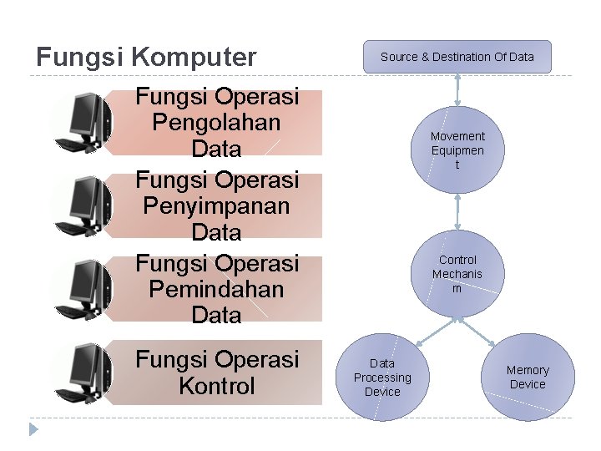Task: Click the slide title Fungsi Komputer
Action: pyautogui.click(x=146, y=57)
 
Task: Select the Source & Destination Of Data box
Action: pyautogui.click(x=457, y=57)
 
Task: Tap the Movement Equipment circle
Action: pyautogui.click(x=457, y=149)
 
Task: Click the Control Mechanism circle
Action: pyautogui.click(x=457, y=273)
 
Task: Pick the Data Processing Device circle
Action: pyautogui.click(x=382, y=378)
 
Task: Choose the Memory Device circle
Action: pyautogui.click(x=528, y=378)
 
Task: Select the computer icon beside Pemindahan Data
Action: pyautogui.click(x=83, y=289)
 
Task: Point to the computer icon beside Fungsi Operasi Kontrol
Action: pyautogui.click(x=83, y=372)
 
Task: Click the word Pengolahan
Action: pyautogui.click(x=216, y=123)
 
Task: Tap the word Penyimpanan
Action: pyautogui.click(x=216, y=205)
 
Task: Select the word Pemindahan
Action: pyautogui.click(x=216, y=289)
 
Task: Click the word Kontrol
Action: pyautogui.click(x=216, y=387)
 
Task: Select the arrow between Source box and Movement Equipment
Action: pyautogui.click(x=457, y=90)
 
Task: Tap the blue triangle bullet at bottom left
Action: pyautogui.click(x=33, y=429)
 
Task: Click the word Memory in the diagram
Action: pyautogui.click(x=528, y=370)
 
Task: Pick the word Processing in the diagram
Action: pyautogui.click(x=382, y=378)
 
